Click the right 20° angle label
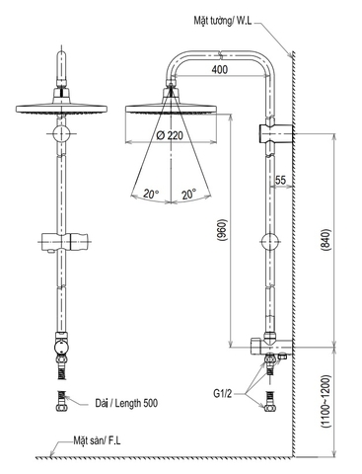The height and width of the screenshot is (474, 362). (187, 194)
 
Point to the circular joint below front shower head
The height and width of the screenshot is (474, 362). (61, 132)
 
